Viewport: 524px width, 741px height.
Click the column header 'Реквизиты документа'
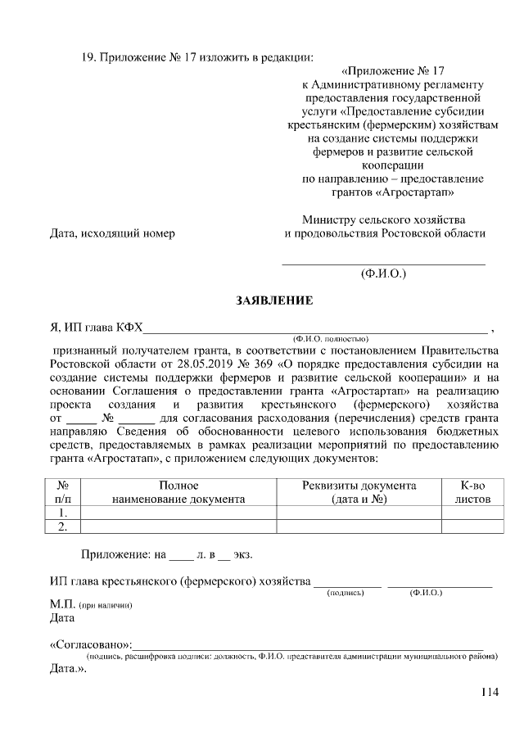point(359,486)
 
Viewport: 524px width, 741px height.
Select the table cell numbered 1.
point(61,513)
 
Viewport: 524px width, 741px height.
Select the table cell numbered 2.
point(61,526)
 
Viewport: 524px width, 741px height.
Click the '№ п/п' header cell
point(62,491)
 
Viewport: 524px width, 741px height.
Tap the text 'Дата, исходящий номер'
point(113,233)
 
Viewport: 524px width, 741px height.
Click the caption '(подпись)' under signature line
point(345,592)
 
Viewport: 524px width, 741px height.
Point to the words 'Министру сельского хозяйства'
point(383,219)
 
